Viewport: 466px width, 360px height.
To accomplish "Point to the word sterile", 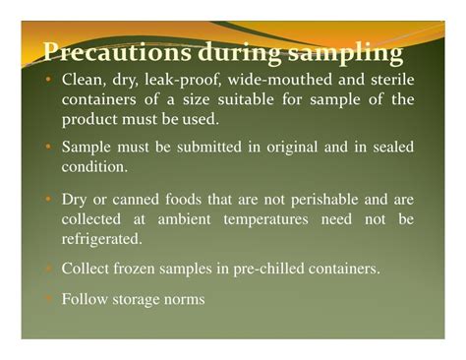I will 385,80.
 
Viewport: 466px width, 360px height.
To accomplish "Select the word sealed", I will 385,147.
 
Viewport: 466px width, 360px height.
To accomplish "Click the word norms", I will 184,298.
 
